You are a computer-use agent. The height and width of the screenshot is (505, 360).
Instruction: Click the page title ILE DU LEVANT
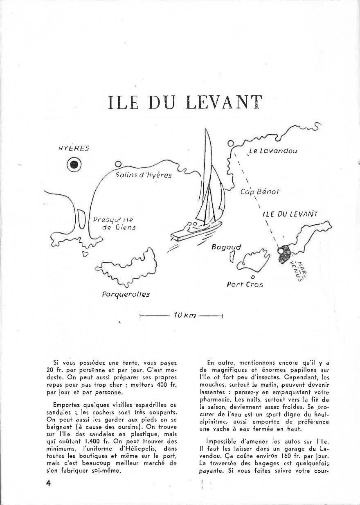(184, 103)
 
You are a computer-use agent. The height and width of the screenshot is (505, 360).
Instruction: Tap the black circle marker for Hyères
(74, 164)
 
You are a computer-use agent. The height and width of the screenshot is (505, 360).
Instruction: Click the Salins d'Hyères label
(144, 175)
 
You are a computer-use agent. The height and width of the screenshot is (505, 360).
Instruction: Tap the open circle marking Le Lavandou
(231, 144)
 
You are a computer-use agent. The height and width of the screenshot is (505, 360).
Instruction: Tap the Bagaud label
(226, 247)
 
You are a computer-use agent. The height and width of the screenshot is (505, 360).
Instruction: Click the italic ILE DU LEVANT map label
(290, 214)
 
